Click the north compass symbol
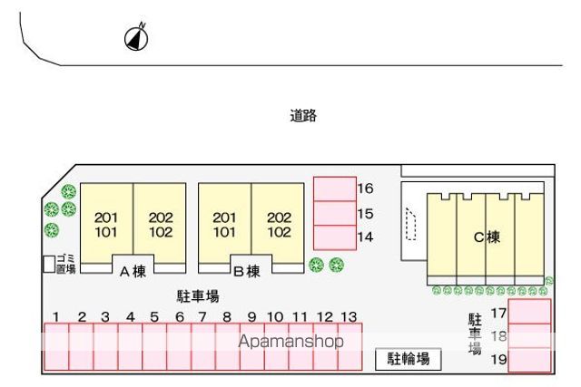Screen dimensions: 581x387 point(136,38)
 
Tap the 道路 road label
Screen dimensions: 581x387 point(303,116)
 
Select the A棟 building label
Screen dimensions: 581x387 point(133,272)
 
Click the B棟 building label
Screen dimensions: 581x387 point(247,272)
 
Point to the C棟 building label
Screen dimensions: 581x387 point(487,237)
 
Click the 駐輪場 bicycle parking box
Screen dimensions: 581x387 point(409,359)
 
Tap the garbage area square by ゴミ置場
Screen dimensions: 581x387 point(49,264)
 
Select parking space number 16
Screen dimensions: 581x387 point(335,189)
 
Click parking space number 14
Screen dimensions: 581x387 point(335,237)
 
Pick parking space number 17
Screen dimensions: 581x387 point(529,312)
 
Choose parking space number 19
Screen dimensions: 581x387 point(529,360)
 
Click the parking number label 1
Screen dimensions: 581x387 point(56,317)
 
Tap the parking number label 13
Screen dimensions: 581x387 point(349,317)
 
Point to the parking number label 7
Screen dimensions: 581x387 point(202,317)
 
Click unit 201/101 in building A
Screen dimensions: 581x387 point(106,223)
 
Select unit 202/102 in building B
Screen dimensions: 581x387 point(278,223)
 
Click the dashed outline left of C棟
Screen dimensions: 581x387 point(410,224)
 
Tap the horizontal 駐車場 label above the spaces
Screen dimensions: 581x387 point(198,296)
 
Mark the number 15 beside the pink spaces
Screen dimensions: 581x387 point(365,214)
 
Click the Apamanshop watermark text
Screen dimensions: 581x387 point(290,342)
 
